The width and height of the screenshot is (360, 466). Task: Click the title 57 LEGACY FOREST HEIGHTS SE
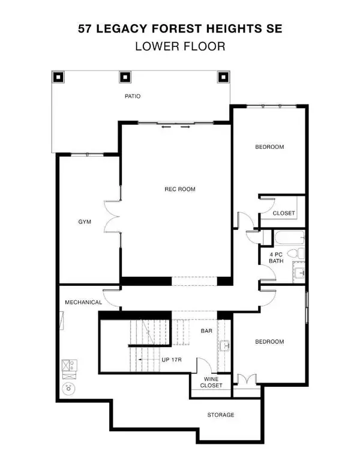(180, 28)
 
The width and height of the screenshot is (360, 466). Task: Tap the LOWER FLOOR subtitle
(180, 46)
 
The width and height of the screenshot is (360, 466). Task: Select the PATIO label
(133, 96)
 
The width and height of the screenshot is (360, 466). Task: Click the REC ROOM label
(180, 189)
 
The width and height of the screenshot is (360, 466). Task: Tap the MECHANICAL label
(83, 302)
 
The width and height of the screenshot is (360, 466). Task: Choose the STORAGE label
(221, 415)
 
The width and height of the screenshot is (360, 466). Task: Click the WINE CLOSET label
(210, 381)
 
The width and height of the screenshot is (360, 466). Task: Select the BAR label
(206, 331)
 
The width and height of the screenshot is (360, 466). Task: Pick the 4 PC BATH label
(276, 257)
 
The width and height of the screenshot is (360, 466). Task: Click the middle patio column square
(125, 77)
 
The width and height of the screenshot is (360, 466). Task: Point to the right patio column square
(223, 77)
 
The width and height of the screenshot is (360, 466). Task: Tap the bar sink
(226, 346)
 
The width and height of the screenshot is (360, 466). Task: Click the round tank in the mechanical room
(70, 387)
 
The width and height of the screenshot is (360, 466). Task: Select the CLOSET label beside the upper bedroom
(283, 213)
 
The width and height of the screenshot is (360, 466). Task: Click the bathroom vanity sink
(299, 273)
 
